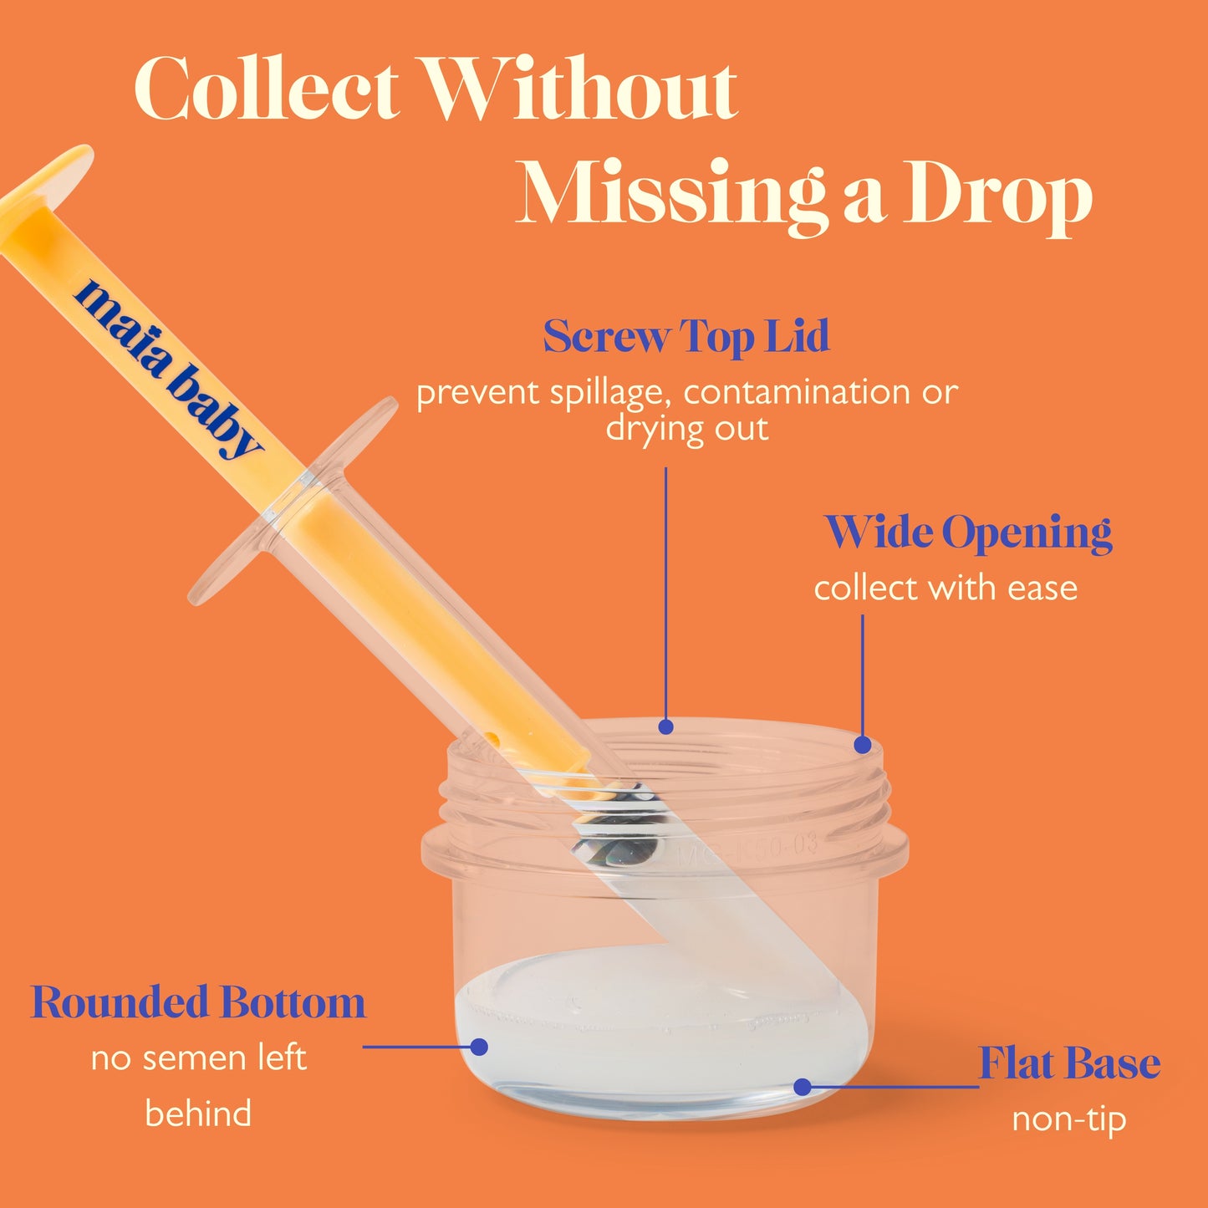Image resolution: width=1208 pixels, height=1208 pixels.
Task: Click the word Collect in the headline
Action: point(267,89)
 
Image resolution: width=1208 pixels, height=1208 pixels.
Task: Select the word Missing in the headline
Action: point(670,195)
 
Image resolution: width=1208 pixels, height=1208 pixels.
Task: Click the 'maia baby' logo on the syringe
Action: point(167,369)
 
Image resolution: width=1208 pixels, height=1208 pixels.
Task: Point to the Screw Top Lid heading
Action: point(686,337)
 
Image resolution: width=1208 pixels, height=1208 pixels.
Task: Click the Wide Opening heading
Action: point(969,533)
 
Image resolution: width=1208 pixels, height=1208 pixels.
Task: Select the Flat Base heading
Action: point(1069,1063)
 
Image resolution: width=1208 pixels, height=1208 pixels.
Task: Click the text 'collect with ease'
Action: point(946,588)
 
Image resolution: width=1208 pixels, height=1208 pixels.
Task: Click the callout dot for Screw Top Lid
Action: point(666,727)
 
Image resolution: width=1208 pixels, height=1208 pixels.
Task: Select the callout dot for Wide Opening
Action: point(863,745)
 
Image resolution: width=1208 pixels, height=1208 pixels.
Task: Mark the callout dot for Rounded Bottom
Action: point(479,1047)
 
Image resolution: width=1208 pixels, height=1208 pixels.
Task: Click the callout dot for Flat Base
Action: point(803,1087)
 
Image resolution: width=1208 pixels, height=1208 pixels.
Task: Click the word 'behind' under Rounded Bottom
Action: point(198,1114)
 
